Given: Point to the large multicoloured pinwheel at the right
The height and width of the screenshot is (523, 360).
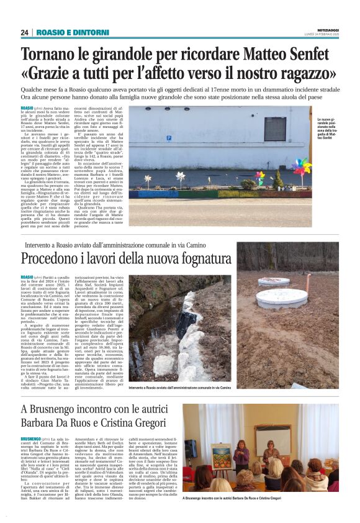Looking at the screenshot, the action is [x=318, y=168].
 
